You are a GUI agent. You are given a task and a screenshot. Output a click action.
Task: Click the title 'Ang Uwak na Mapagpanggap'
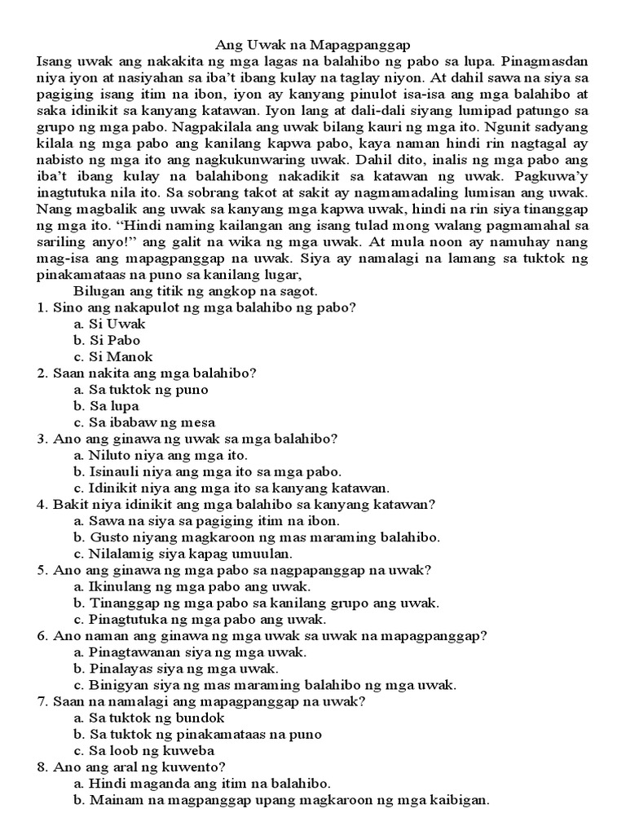[314, 46]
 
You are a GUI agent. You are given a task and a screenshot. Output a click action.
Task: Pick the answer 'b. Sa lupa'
[105, 405]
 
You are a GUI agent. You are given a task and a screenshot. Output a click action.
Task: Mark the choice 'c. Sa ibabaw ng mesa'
[143, 422]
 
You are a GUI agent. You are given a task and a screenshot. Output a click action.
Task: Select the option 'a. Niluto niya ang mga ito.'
[161, 455]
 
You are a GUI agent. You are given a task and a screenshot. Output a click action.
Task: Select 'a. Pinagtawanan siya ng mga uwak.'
[190, 652]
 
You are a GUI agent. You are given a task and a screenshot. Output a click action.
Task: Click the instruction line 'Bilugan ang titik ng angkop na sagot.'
[195, 291]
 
